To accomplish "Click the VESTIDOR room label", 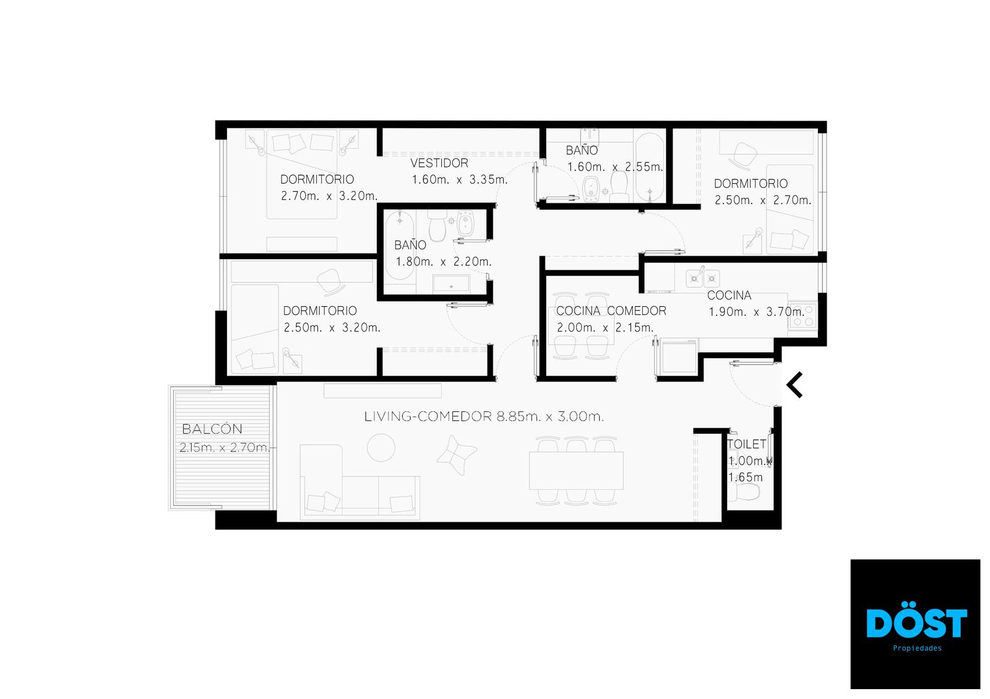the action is tap(439, 163).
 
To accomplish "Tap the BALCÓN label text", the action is tap(212, 429).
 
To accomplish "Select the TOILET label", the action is tap(746, 444).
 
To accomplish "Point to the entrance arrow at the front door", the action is tap(794, 385).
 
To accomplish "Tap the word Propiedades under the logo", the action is tap(917, 648).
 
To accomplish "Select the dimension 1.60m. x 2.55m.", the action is tap(615, 167).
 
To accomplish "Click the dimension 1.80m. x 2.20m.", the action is tap(443, 262).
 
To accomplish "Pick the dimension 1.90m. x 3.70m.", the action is tap(757, 312).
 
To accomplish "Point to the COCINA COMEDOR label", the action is tap(611, 311).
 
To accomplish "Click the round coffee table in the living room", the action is tap(381, 448).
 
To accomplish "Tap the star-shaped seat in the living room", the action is tap(457, 455).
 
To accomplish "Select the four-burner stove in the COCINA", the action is tap(803, 315).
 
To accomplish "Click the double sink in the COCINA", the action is tap(703, 278).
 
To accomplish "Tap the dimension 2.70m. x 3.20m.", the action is tap(329, 196).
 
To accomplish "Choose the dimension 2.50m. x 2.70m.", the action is tap(763, 200).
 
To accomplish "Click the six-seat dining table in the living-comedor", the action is tap(576, 470).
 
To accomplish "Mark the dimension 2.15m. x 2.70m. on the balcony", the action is tap(225, 447).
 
